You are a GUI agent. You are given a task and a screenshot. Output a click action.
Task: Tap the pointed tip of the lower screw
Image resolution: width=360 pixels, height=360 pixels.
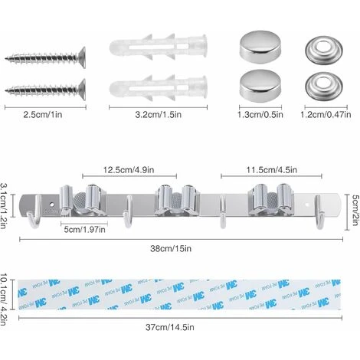tap(5, 90)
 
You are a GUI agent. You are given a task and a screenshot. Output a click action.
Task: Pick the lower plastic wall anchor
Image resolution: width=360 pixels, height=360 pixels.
tap(159, 88)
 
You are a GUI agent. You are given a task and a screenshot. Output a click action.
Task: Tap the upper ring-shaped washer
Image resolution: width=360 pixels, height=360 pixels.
tap(324, 49)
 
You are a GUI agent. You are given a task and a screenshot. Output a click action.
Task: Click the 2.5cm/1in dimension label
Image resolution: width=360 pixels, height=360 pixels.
tap(43, 114)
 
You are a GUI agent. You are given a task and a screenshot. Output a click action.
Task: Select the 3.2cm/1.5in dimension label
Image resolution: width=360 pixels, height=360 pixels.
tap(159, 114)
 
